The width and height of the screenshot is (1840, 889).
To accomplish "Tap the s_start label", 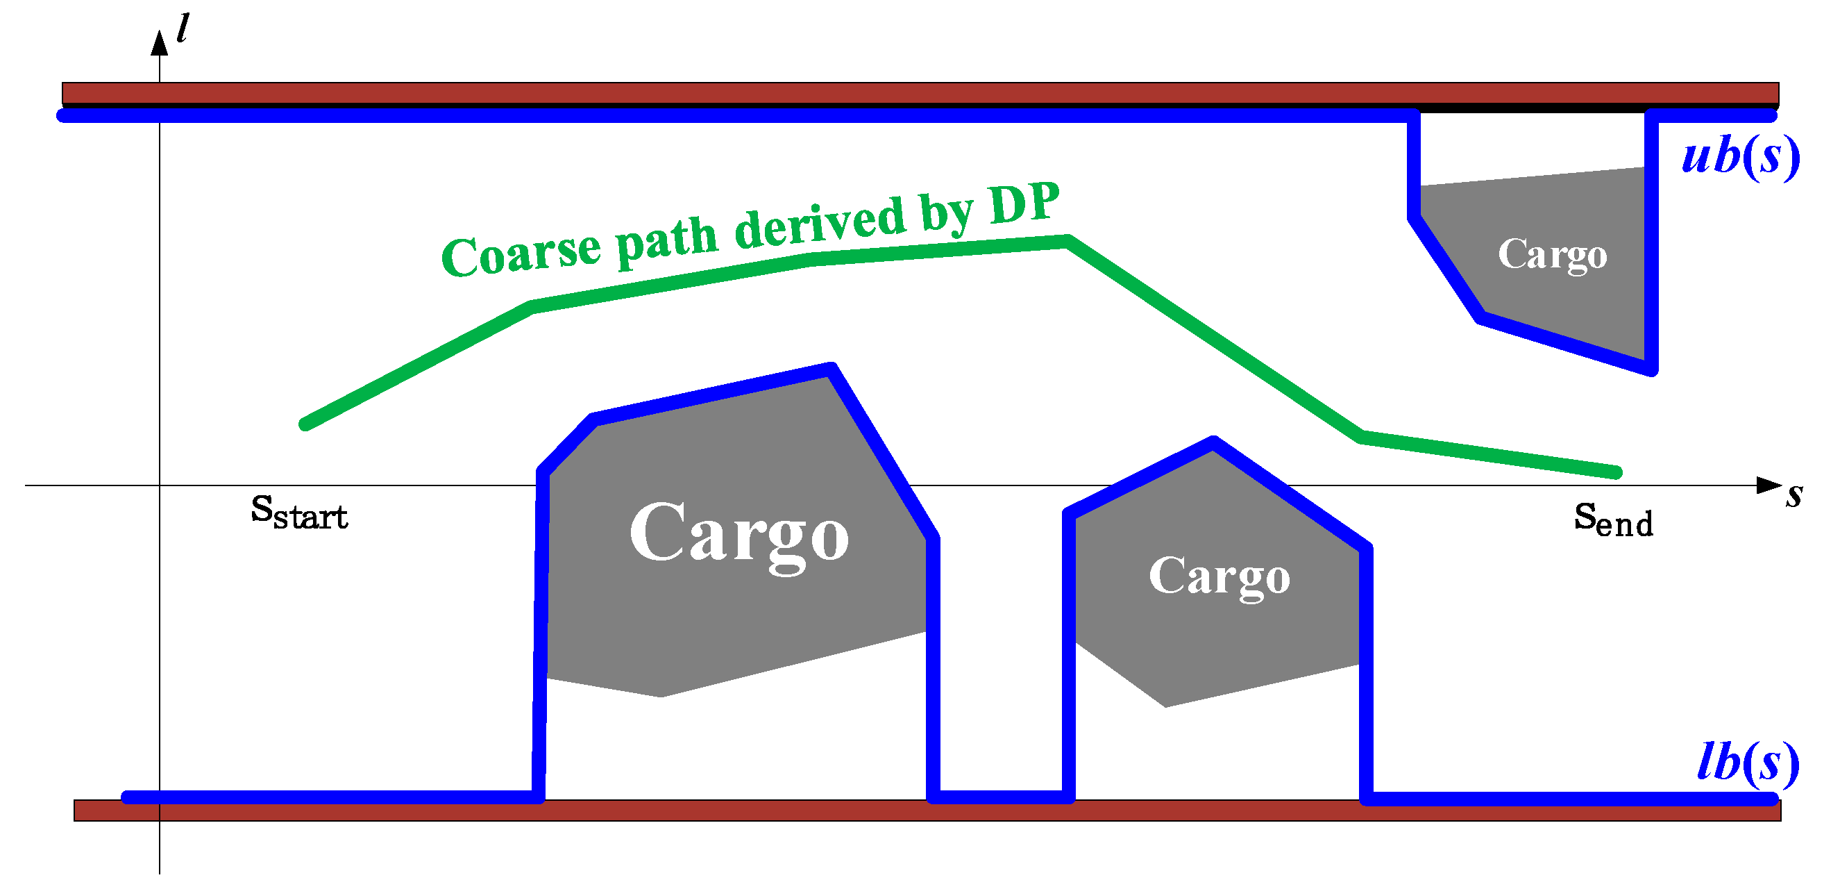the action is [299, 513].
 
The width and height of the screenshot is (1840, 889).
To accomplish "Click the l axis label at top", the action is [183, 28].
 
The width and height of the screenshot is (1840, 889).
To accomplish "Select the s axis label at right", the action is [1794, 495].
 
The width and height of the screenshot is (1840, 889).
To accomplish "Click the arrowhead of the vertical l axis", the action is [159, 43].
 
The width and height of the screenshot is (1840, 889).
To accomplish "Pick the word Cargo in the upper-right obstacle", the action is [1552, 254].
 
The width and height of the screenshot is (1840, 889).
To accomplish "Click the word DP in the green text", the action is [1024, 203].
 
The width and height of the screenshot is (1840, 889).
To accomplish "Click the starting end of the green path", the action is [305, 424].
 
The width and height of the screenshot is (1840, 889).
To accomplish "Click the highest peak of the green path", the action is [1067, 241].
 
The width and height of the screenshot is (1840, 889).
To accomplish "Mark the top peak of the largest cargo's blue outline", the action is [831, 369].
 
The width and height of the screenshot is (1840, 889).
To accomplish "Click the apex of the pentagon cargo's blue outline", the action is [1213, 442].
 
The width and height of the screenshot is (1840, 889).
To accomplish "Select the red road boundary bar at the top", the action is [920, 94].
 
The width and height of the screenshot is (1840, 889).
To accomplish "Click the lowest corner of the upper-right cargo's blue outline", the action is [1651, 369].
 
